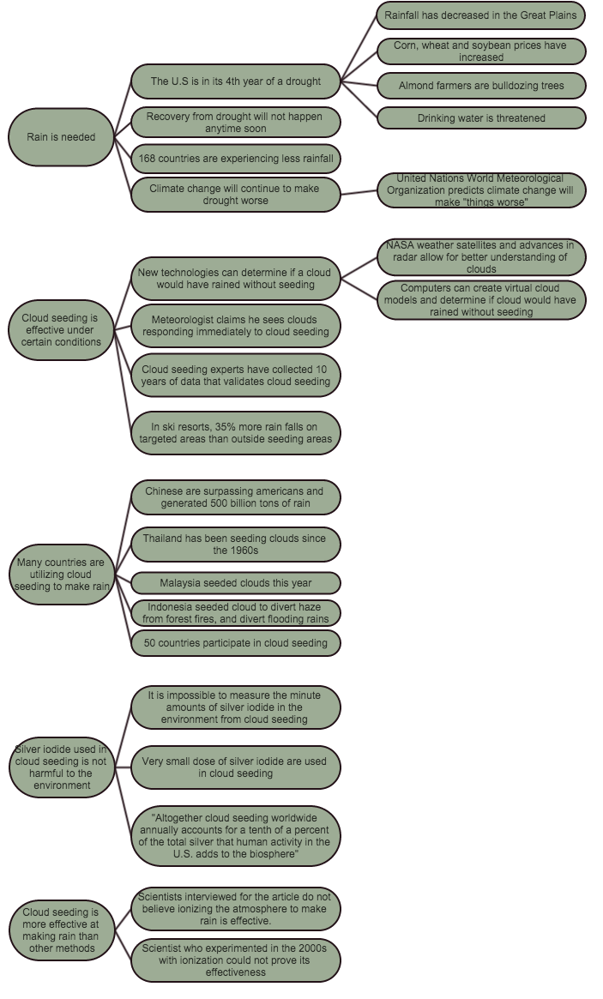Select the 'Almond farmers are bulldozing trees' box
click(481, 86)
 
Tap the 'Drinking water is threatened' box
click(481, 117)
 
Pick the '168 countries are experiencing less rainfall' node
click(236, 159)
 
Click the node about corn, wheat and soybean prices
click(481, 51)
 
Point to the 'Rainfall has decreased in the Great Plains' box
click(481, 15)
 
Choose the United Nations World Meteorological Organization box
click(481, 190)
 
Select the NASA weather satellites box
click(481, 256)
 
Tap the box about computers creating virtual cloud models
click(481, 300)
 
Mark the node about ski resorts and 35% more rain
click(236, 432)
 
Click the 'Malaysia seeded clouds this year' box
click(236, 583)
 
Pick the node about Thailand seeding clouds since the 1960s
click(236, 544)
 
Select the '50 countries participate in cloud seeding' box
click(236, 642)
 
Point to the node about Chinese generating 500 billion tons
click(236, 496)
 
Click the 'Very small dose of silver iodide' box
click(236, 767)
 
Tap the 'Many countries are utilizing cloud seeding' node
click(61, 573)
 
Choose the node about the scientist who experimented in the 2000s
click(236, 960)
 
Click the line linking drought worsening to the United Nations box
click(359, 192)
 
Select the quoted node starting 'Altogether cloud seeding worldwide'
click(236, 835)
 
